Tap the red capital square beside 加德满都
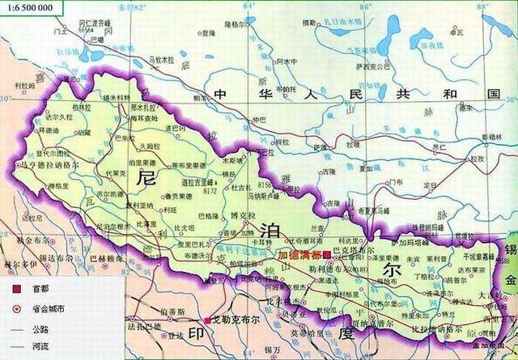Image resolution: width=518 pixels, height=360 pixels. [326, 254]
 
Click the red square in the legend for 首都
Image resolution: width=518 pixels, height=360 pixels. [15, 288]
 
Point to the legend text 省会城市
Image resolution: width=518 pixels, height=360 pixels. [48, 308]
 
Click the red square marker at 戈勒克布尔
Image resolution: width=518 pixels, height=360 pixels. [208, 319]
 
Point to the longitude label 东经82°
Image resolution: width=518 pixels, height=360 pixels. [142, 6]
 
